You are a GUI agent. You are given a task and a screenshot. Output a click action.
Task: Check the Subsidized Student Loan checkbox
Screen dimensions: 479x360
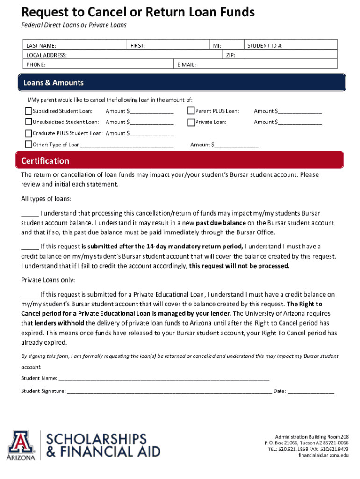coord(28,111)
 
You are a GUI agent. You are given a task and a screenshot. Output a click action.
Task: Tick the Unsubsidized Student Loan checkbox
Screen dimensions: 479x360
coord(28,122)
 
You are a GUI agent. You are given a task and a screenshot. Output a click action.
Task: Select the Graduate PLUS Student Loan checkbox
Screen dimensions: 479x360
coord(28,133)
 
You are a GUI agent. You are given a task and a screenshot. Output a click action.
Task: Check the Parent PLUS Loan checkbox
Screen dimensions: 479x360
coord(191,111)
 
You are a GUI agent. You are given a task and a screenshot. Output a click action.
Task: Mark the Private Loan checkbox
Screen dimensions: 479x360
coord(191,122)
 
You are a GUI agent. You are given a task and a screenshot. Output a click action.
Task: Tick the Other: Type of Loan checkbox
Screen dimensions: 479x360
coord(28,145)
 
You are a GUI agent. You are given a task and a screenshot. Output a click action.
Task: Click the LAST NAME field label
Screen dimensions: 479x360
coord(41,46)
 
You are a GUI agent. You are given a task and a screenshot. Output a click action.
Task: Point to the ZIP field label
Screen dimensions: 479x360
coord(230,55)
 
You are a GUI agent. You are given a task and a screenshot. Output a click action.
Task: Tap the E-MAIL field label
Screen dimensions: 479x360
coord(187,65)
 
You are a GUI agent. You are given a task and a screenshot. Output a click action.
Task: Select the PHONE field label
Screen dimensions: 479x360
coord(36,65)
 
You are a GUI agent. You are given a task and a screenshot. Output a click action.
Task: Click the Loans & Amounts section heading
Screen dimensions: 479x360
coord(53,83)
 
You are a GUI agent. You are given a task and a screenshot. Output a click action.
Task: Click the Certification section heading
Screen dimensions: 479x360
coord(45,161)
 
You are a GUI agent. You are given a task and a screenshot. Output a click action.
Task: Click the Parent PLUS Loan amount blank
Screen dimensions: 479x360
coord(299,111)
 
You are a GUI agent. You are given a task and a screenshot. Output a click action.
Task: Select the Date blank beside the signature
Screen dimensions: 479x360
coord(311,392)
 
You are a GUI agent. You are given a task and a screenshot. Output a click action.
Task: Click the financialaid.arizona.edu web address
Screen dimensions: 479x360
coord(323,455)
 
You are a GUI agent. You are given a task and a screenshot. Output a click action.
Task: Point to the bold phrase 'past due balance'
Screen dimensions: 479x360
coord(220,223)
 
